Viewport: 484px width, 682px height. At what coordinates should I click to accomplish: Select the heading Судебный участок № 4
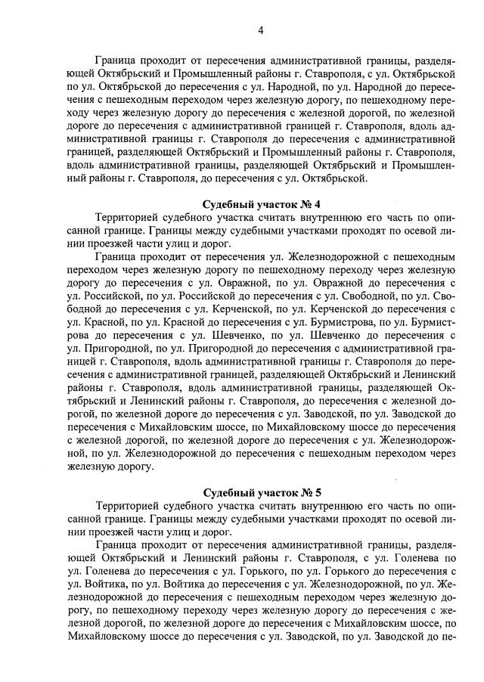(262, 205)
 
